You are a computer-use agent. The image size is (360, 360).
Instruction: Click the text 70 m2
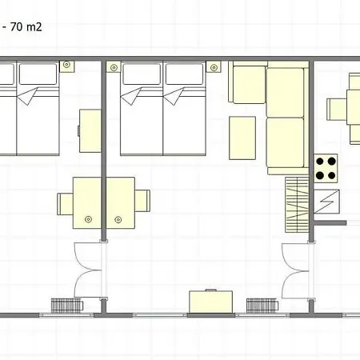pyautogui.click(x=26, y=27)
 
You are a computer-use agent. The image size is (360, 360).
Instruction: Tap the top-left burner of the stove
pyautogui.click(x=320, y=161)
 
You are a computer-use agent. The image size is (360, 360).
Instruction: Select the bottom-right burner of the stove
pyautogui.click(x=331, y=175)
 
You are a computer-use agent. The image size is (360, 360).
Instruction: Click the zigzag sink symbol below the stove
pyautogui.click(x=326, y=202)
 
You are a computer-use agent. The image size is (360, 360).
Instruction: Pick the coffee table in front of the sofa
pyautogui.click(x=242, y=138)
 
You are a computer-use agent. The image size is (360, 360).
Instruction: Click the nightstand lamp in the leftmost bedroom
pyautogui.click(x=66, y=65)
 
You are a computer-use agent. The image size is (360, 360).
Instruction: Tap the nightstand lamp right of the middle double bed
pyautogui.click(x=214, y=68)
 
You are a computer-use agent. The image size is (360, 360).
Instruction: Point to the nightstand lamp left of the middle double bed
pyautogui.click(x=114, y=68)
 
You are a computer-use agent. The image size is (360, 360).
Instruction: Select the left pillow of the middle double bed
pyautogui.click(x=142, y=74)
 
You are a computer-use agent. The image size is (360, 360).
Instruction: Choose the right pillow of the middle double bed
pyautogui.click(x=184, y=74)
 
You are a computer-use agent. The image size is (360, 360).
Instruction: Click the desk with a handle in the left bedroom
pyautogui.click(x=90, y=131)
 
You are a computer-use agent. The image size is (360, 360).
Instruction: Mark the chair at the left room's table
pyautogui.click(x=65, y=204)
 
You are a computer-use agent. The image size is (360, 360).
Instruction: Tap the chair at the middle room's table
pyautogui.click(x=142, y=201)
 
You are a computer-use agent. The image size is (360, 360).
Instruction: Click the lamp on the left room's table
pyautogui.click(x=88, y=219)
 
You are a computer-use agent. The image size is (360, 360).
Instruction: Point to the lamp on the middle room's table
pyautogui.click(x=118, y=220)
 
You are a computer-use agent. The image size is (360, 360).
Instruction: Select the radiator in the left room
pyautogui.click(x=67, y=306)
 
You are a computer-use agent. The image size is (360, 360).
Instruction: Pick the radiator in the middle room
pyautogui.click(x=262, y=306)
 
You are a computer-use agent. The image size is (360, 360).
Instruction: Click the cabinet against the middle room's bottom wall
pyautogui.click(x=211, y=302)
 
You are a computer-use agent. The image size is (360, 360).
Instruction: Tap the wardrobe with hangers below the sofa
pyautogui.click(x=297, y=205)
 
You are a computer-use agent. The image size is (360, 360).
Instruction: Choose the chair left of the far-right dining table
pyautogui.click(x=337, y=110)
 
